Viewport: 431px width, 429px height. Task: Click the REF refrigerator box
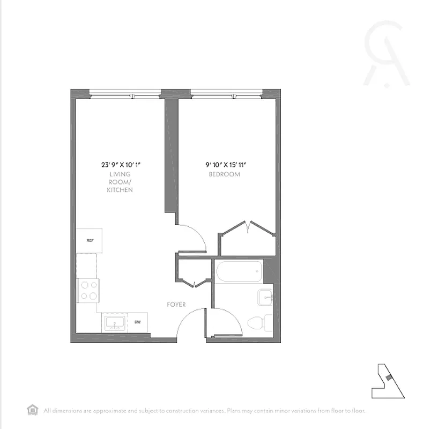click(x=90, y=241)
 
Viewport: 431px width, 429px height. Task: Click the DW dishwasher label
click(x=138, y=322)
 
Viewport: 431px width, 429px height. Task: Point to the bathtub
click(x=239, y=272)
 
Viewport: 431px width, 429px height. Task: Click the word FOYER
click(x=176, y=305)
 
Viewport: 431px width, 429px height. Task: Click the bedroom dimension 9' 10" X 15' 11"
click(x=228, y=166)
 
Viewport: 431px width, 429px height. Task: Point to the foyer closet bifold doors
click(x=194, y=283)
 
